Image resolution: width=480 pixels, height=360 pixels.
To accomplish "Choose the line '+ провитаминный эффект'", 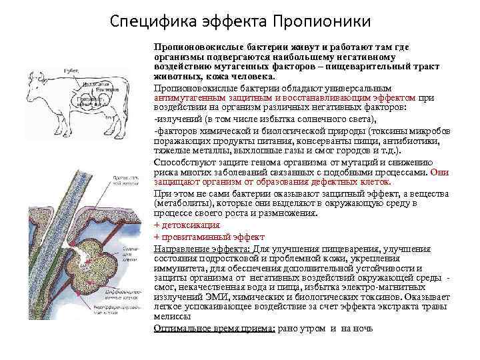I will [x=209, y=237].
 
